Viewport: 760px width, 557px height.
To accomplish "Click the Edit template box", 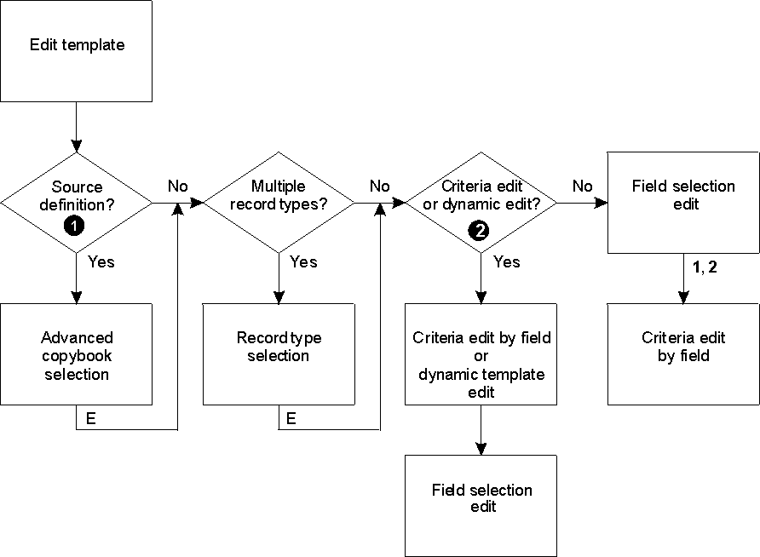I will coord(77,51).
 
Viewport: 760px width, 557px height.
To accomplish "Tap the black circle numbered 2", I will coord(481,231).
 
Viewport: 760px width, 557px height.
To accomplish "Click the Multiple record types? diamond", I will coord(279,203).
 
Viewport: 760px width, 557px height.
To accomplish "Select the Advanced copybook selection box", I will coord(77,354).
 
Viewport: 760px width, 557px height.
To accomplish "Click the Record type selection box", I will coord(279,354).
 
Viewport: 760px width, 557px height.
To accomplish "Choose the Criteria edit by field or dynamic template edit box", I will coord(481,354).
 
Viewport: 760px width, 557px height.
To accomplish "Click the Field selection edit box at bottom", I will coord(481,505).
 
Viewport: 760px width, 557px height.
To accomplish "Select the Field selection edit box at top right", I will coord(683,203).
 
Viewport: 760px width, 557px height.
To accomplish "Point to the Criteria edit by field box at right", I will coord(683,354).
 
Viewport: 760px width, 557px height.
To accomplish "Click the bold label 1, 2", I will coord(705,267).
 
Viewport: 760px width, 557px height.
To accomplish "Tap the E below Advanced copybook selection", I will coord(90,418).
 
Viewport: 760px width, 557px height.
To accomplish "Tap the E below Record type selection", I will coord(291,418).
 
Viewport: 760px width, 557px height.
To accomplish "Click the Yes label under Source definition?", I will coord(101,262).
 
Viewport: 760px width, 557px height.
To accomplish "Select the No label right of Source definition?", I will coord(177,186).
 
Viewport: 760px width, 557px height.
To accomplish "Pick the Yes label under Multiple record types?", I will coord(303,262).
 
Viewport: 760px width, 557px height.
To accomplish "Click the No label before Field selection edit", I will coord(582,186).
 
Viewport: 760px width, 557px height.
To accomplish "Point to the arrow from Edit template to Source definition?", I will coord(77,128).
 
